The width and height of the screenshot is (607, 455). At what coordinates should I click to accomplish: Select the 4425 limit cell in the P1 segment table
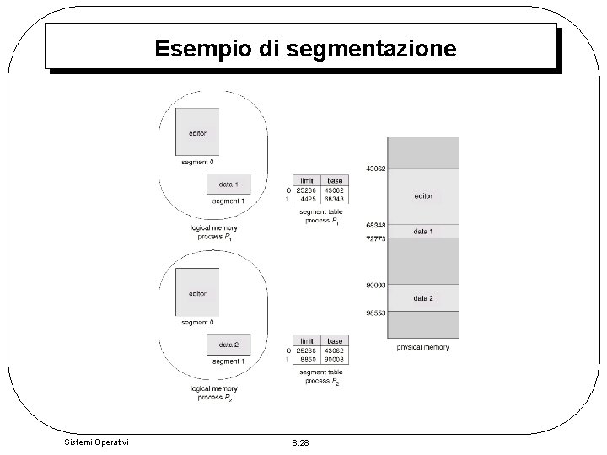(307, 200)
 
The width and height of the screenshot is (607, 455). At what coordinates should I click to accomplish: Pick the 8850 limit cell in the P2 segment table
(307, 358)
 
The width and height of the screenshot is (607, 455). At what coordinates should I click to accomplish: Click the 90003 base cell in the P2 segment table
(335, 358)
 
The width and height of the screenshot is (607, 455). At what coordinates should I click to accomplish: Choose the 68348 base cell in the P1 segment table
(335, 200)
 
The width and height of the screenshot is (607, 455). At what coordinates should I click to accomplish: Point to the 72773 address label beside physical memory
(376, 239)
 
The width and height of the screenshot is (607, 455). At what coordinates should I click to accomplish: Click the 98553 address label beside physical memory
(376, 312)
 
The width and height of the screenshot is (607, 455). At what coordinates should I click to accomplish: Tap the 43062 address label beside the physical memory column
(376, 169)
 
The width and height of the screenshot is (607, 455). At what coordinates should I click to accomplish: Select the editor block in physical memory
(423, 195)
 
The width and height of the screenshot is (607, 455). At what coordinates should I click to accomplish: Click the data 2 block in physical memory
(423, 298)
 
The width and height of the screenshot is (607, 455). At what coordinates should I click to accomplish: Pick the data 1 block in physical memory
(423, 231)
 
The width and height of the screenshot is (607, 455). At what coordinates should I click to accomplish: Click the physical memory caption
(422, 347)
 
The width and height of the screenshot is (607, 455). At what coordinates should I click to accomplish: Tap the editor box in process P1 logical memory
(197, 133)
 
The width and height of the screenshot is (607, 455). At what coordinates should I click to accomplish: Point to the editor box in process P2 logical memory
(197, 292)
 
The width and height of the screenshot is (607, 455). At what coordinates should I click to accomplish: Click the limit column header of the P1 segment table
(307, 181)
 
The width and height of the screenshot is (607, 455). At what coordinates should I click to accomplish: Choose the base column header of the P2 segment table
(335, 340)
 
